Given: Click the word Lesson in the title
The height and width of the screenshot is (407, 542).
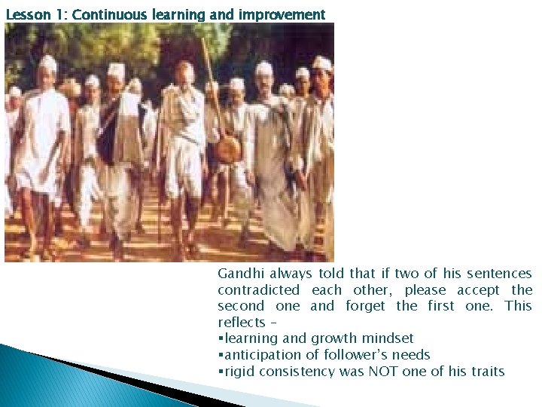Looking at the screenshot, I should pyautogui.click(x=24, y=14).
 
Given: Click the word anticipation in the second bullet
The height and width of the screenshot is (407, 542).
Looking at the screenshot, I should pyautogui.click(x=257, y=355).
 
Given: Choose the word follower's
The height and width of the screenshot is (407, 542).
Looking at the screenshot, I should pyautogui.click(x=352, y=355).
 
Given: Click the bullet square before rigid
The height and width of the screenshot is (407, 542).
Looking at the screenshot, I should pyautogui.click(x=220, y=372).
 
